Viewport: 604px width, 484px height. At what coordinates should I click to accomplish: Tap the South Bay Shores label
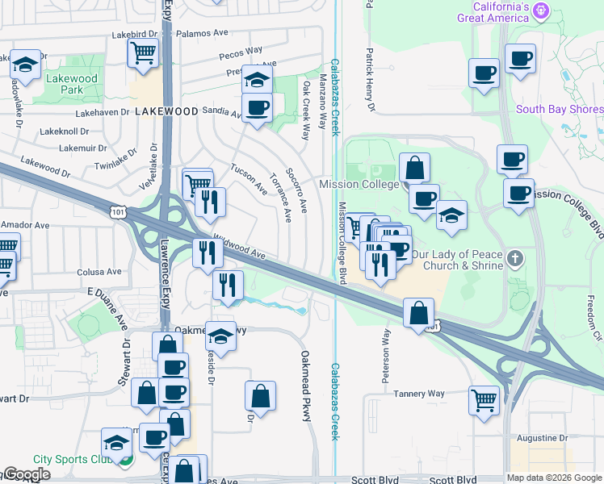(x=560, y=110)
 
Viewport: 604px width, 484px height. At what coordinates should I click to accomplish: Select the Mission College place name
(x=359, y=184)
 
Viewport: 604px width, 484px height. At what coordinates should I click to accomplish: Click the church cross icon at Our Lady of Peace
(x=515, y=260)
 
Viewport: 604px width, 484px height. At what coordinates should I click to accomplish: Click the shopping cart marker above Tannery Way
(x=484, y=399)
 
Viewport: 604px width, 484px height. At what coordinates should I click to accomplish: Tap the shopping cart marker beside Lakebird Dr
(x=143, y=53)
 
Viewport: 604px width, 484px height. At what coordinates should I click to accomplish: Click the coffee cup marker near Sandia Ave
(x=257, y=108)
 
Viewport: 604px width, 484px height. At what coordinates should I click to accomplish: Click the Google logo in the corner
(x=27, y=474)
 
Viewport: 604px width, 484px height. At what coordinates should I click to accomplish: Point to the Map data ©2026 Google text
(x=553, y=478)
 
